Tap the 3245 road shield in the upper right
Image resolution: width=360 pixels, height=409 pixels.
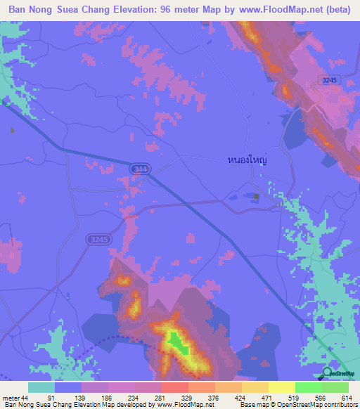[327, 81]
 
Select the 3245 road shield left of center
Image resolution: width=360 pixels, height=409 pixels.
[99, 240]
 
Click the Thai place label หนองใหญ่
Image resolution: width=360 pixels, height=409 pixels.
[250, 160]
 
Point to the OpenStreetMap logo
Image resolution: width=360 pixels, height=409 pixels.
[340, 373]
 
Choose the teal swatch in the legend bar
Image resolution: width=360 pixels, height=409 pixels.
[41, 387]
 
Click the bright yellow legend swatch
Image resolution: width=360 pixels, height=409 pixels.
[281, 387]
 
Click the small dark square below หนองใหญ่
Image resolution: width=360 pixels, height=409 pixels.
[257, 196]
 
